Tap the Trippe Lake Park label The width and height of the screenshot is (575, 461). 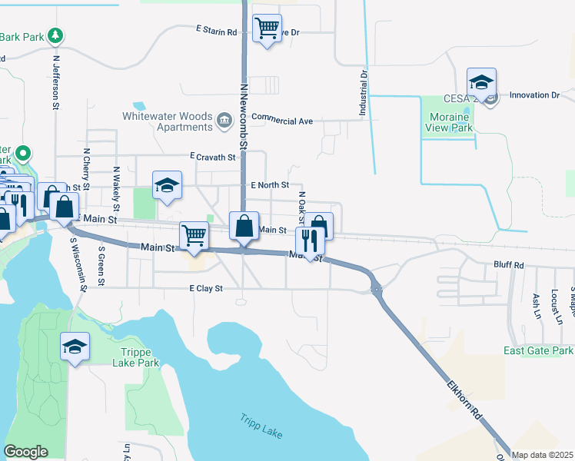pos(135,357)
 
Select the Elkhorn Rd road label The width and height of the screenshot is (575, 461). pos(465,400)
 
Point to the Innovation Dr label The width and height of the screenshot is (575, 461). pos(533,95)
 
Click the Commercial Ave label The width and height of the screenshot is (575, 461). pos(282,121)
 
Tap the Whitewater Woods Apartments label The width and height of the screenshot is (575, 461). pos(168,121)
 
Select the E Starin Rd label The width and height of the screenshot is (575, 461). pos(217,31)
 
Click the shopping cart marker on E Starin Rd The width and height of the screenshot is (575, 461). pos(267,28)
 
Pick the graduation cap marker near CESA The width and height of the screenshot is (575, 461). pos(481,82)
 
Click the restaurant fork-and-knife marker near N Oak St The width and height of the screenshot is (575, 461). pos(306,240)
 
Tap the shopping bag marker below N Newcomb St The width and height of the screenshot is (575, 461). pos(244,226)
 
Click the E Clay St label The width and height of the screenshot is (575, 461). pos(205,289)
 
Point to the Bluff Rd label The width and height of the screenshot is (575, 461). pos(508,265)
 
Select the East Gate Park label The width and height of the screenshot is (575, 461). pos(538,350)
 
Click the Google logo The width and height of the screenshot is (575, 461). pos(25,452)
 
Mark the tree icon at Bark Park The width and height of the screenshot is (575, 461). pos(55,36)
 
